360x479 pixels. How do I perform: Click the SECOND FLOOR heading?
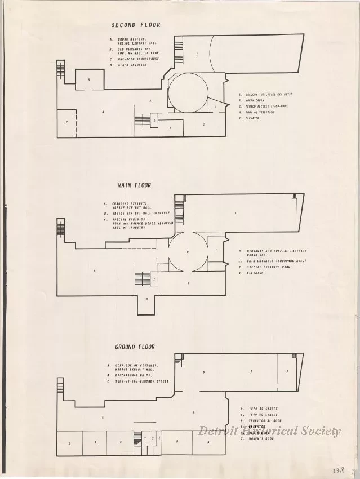pyautogui.click(x=136, y=25)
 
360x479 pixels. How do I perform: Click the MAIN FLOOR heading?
pyautogui.click(x=134, y=185)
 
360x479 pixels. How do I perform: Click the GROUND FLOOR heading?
pyautogui.click(x=135, y=347)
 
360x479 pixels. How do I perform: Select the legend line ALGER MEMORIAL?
pyautogui.click(x=132, y=65)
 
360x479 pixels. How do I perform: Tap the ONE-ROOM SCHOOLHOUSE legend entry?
pyautogui.click(x=137, y=59)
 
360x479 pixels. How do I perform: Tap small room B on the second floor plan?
pyautogui.click(x=89, y=80)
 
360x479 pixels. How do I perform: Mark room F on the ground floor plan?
pyautogui.click(x=287, y=372)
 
